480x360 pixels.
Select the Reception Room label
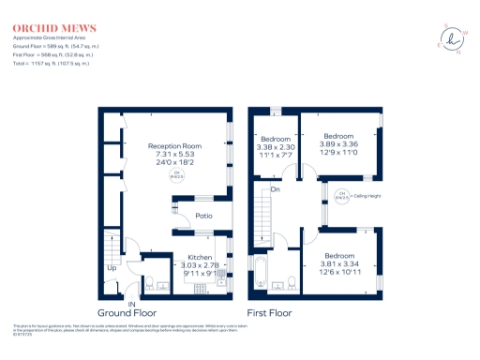tap(175, 146)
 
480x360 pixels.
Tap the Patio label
tap(203, 217)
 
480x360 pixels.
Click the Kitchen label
tap(201, 257)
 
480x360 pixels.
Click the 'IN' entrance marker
tap(132, 306)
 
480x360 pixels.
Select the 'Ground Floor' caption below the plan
tap(127, 314)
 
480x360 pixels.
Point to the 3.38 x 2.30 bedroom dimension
tap(277, 147)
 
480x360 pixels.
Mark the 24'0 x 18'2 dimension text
tap(175, 163)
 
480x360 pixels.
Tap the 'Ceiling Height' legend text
tap(373, 196)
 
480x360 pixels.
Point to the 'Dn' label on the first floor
tap(276, 189)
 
